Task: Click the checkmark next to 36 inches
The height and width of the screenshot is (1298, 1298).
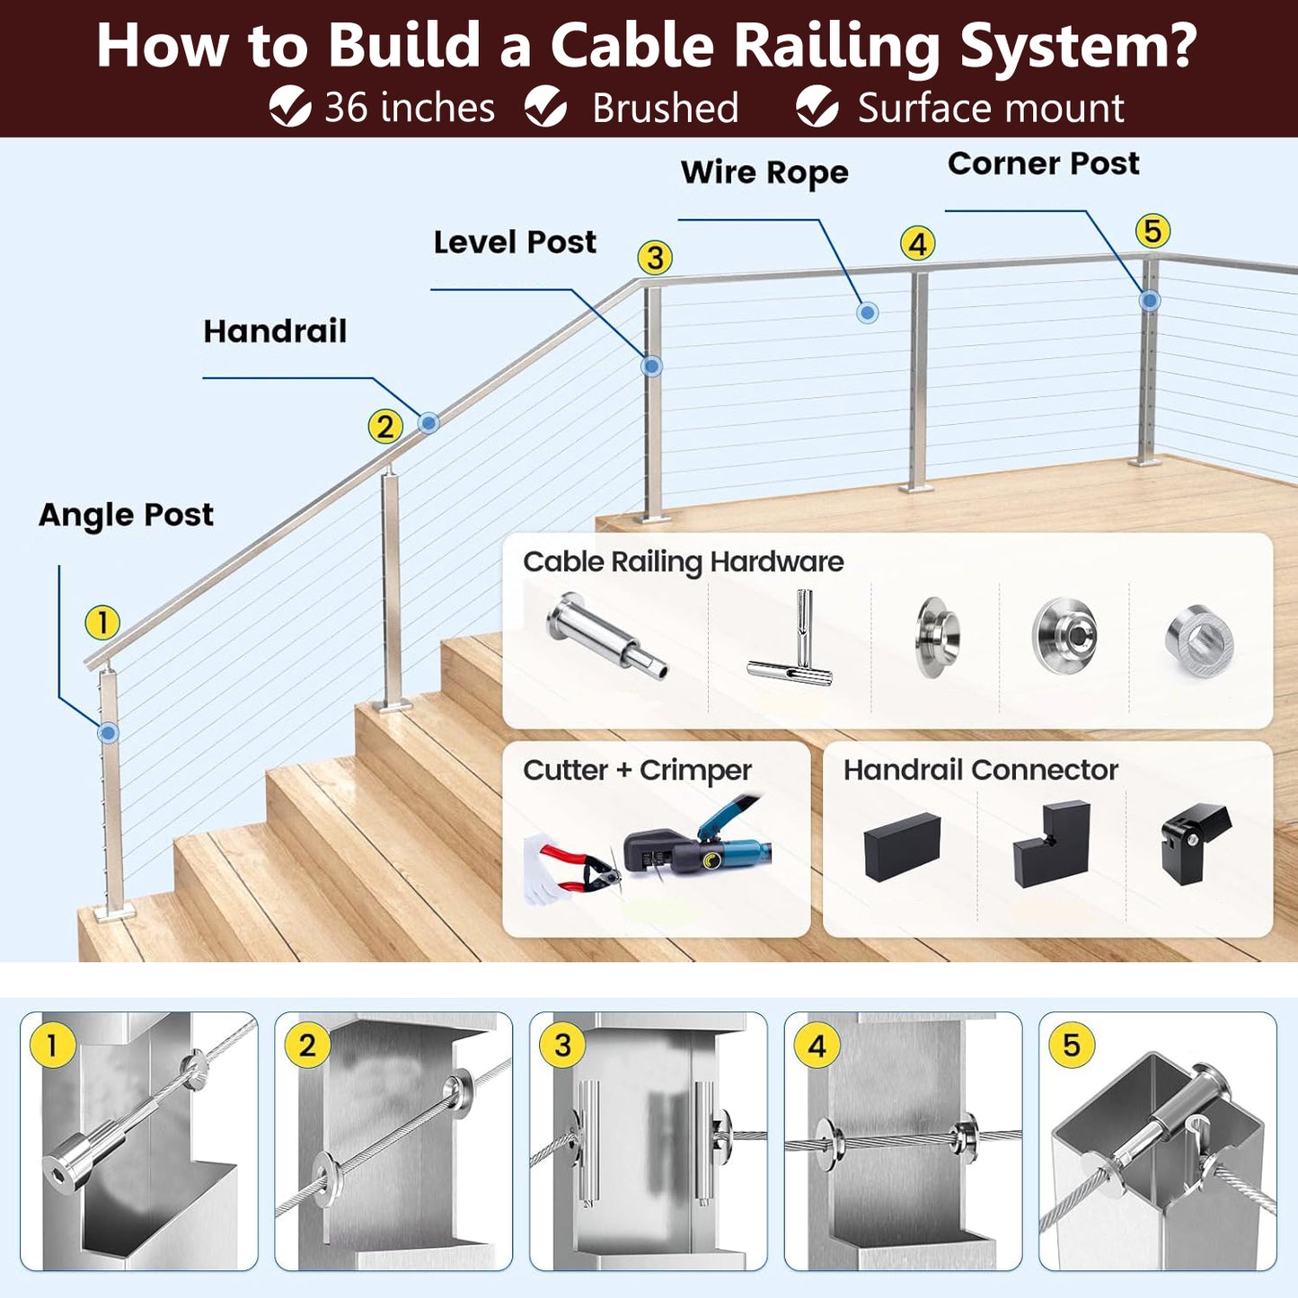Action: [290, 107]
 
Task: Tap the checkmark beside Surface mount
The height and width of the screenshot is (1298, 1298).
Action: [817, 107]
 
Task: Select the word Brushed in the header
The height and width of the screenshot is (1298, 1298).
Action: [665, 109]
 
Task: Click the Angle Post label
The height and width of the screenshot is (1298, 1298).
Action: [126, 515]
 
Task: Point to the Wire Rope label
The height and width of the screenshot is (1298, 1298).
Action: [764, 172]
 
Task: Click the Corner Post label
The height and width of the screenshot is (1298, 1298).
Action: [1043, 163]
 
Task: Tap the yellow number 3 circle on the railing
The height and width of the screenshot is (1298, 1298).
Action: [655, 258]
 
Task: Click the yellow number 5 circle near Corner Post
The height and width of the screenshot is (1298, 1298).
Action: [1152, 232]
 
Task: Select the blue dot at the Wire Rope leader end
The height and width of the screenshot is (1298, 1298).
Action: [867, 313]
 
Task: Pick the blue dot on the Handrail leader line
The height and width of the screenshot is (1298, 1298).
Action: [428, 422]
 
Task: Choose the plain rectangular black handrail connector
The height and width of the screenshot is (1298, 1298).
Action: [901, 846]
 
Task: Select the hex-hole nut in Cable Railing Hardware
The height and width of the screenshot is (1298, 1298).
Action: [1199, 640]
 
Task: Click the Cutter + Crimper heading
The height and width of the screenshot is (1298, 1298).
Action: [637, 771]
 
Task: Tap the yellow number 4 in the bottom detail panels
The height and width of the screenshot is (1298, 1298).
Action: [817, 1046]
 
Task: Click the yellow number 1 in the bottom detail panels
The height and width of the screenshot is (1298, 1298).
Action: [52, 1046]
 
